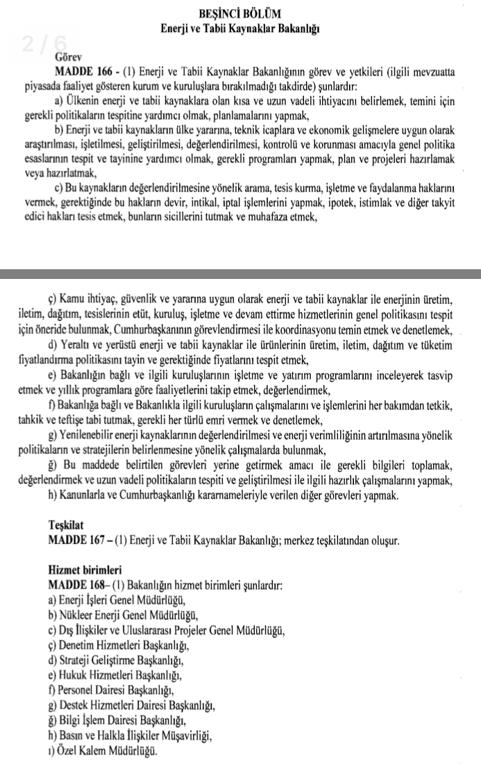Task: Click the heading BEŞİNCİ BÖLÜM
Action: tap(239, 13)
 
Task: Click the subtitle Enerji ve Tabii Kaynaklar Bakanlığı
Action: tap(240, 28)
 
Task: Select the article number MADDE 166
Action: tap(81, 71)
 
